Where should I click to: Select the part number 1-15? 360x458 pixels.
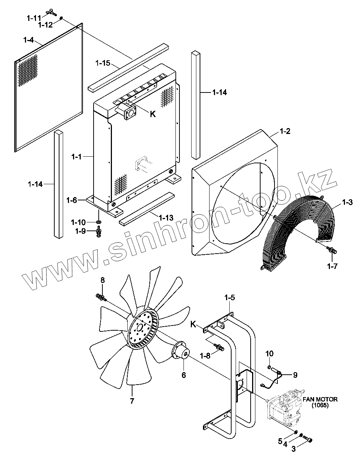pyautogui.click(x=103, y=63)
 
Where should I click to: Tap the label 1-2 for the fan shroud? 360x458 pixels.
pyautogui.click(x=285, y=131)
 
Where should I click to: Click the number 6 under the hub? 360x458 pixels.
pyautogui.click(x=184, y=375)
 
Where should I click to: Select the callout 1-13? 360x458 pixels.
pyautogui.click(x=166, y=218)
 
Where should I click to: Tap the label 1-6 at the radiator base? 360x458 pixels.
pyautogui.click(x=72, y=200)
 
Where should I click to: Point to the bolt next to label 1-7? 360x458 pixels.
pyautogui.click(x=332, y=251)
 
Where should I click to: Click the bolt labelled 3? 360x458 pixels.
pyautogui.click(x=308, y=439)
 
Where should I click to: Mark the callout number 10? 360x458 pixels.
pyautogui.click(x=269, y=354)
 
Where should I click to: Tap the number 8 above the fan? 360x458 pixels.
pyautogui.click(x=103, y=280)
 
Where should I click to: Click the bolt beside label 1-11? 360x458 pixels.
pyautogui.click(x=51, y=14)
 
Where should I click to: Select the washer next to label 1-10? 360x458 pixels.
pyautogui.click(x=98, y=222)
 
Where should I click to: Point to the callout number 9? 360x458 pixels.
pyautogui.click(x=295, y=375)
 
